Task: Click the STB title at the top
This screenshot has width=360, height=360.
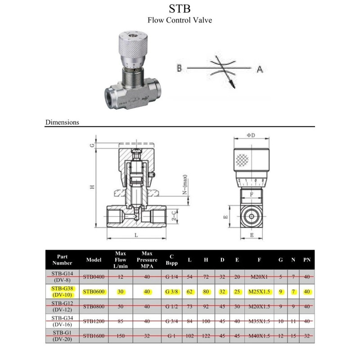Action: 180,9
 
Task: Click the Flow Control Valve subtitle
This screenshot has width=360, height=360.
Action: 180,20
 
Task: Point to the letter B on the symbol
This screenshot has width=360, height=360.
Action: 179,68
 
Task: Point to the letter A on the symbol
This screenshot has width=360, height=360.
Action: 260,69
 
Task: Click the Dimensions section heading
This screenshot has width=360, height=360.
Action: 62,122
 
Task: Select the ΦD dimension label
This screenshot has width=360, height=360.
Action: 251,135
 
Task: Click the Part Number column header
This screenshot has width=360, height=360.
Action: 62,260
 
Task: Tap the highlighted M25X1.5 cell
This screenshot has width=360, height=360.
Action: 259,292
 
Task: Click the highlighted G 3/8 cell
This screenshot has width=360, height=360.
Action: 171,292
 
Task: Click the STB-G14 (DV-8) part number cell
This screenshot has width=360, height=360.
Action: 62,277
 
